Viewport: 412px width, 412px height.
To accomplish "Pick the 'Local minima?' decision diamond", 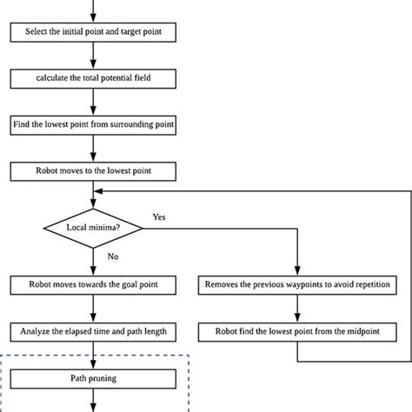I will [92, 228].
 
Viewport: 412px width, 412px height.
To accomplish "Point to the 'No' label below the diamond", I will [112, 257].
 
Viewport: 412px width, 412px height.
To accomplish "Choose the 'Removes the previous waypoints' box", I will [298, 284].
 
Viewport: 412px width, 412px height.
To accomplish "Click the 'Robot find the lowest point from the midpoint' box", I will [298, 330].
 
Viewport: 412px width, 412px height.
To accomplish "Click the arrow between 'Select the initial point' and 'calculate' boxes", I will [92, 56].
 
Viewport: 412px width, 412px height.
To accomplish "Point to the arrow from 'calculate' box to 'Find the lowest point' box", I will [92, 102].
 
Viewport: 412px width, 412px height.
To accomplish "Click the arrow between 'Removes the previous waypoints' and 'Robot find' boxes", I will [298, 308].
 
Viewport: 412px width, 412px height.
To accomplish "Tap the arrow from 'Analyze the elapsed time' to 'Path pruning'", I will [92, 355].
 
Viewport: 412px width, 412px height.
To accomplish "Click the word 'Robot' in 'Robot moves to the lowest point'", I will [46, 169].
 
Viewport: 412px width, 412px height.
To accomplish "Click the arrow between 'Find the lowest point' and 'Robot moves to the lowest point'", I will [92, 147].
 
